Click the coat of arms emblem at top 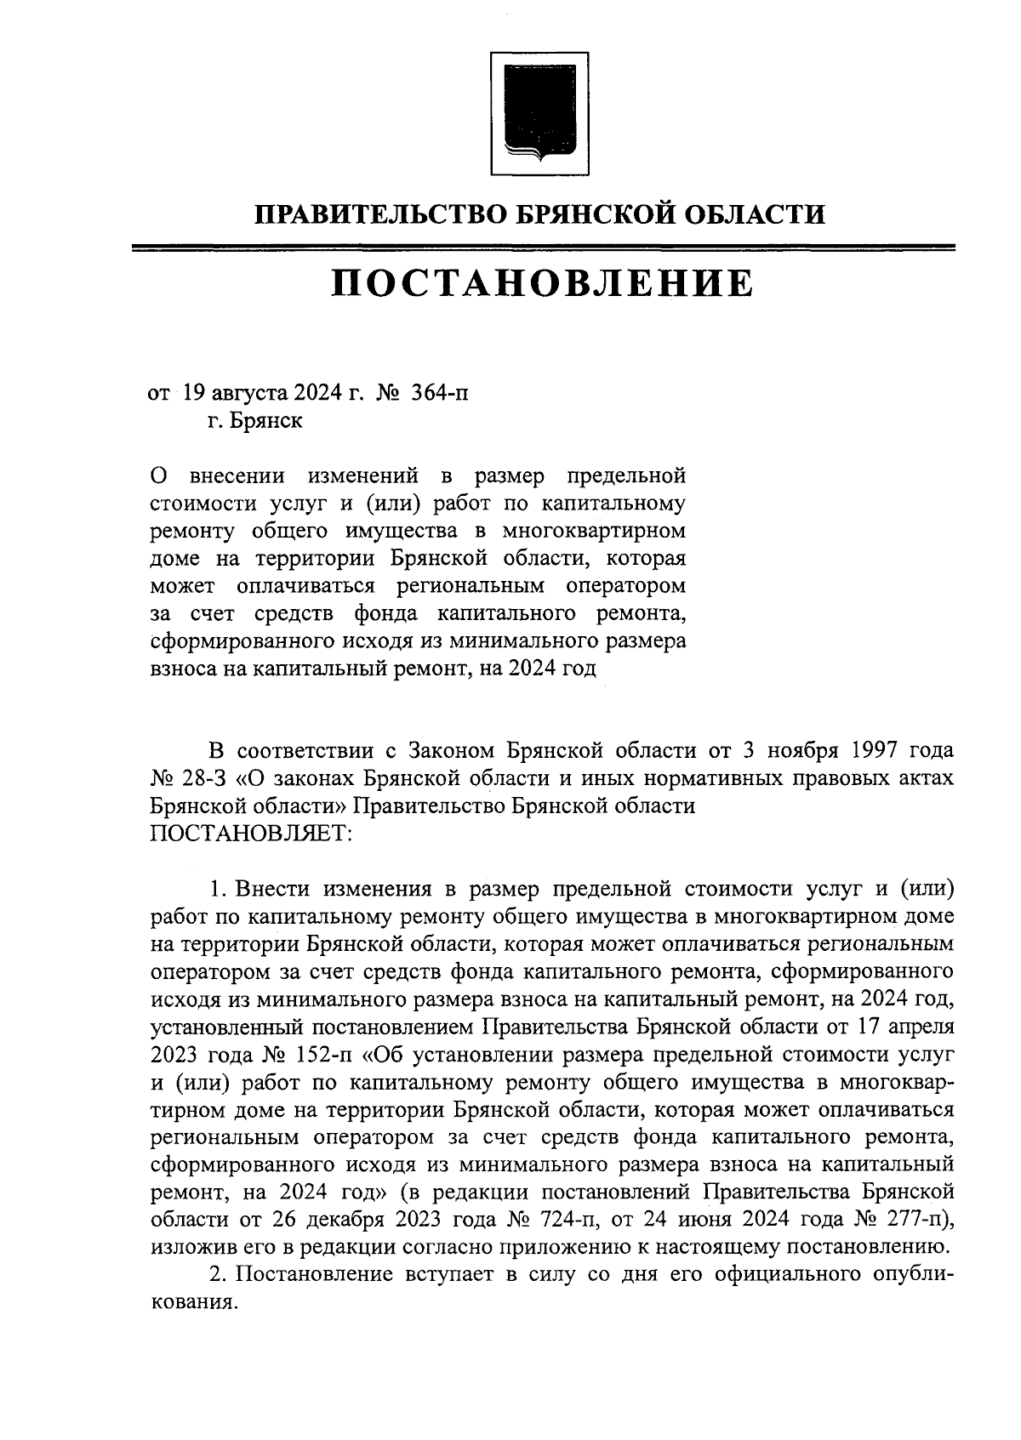click(539, 114)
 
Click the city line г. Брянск click(254, 420)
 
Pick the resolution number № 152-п click(311, 1056)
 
